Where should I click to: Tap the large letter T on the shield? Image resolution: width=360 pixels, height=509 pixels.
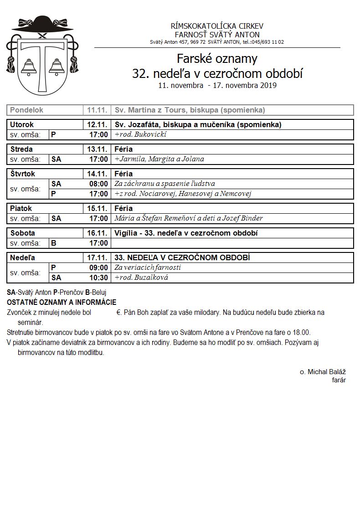tap(43, 64)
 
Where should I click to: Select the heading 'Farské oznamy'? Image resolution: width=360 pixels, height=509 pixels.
tap(217, 59)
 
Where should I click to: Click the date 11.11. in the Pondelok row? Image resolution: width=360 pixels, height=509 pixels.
tap(97, 110)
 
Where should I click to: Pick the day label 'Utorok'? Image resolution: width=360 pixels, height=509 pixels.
tap(22, 124)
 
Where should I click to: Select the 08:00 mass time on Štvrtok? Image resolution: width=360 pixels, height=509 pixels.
tap(98, 184)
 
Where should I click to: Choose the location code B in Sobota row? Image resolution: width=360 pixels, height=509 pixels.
tap(54, 243)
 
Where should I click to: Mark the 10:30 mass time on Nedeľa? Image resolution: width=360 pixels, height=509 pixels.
tap(98, 278)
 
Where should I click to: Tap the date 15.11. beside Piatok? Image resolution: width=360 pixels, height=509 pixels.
tap(97, 208)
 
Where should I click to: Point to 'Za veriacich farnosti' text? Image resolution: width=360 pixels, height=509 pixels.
tap(148, 267)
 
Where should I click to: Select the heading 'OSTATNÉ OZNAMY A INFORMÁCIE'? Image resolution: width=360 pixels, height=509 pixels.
tap(62, 302)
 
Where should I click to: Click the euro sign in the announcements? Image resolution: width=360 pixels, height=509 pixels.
tap(118, 313)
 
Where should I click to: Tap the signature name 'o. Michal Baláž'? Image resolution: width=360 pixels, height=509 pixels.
tap(323, 372)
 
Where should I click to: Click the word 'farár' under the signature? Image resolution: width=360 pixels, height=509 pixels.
tap(339, 380)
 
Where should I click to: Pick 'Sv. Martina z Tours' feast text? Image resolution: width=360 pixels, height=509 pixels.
tap(155, 110)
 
